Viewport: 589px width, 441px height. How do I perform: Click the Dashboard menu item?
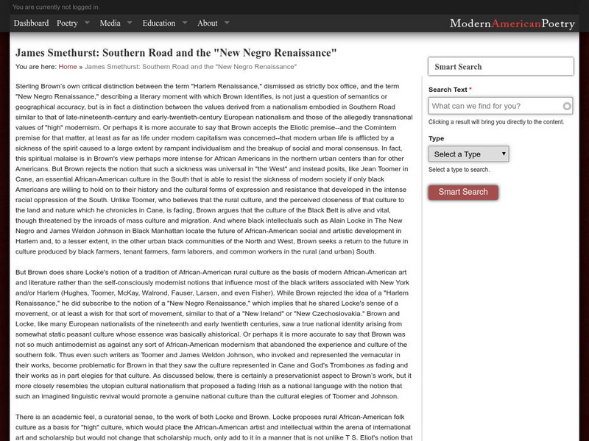click(x=31, y=23)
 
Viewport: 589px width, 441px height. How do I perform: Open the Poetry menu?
click(x=67, y=23)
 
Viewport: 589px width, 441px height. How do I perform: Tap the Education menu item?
click(x=158, y=23)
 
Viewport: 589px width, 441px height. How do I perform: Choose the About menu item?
click(x=208, y=23)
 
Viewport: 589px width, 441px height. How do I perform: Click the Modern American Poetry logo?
click(x=512, y=24)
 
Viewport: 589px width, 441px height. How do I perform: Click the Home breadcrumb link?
click(x=68, y=66)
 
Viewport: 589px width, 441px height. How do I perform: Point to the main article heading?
click(x=176, y=53)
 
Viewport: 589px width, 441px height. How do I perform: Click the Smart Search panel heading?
click(x=458, y=67)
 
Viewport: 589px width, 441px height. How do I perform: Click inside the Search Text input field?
click(x=495, y=106)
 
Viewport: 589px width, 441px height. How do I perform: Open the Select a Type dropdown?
click(x=468, y=154)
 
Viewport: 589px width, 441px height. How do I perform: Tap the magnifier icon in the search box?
click(x=566, y=106)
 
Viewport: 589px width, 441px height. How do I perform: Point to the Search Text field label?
click(x=449, y=90)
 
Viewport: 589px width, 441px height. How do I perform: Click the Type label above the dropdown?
click(x=436, y=138)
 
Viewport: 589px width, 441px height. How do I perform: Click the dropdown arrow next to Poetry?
click(x=88, y=23)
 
